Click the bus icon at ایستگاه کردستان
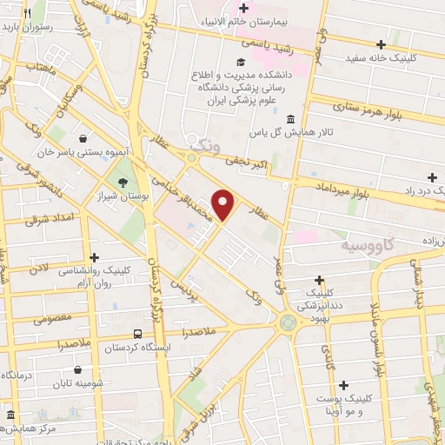click(138, 334)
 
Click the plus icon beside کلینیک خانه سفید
click(381, 43)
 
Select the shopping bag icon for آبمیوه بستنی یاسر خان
click(82, 137)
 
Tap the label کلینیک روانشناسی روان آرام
click(96, 275)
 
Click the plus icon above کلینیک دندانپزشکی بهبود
click(322, 279)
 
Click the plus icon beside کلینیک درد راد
click(433, 176)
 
